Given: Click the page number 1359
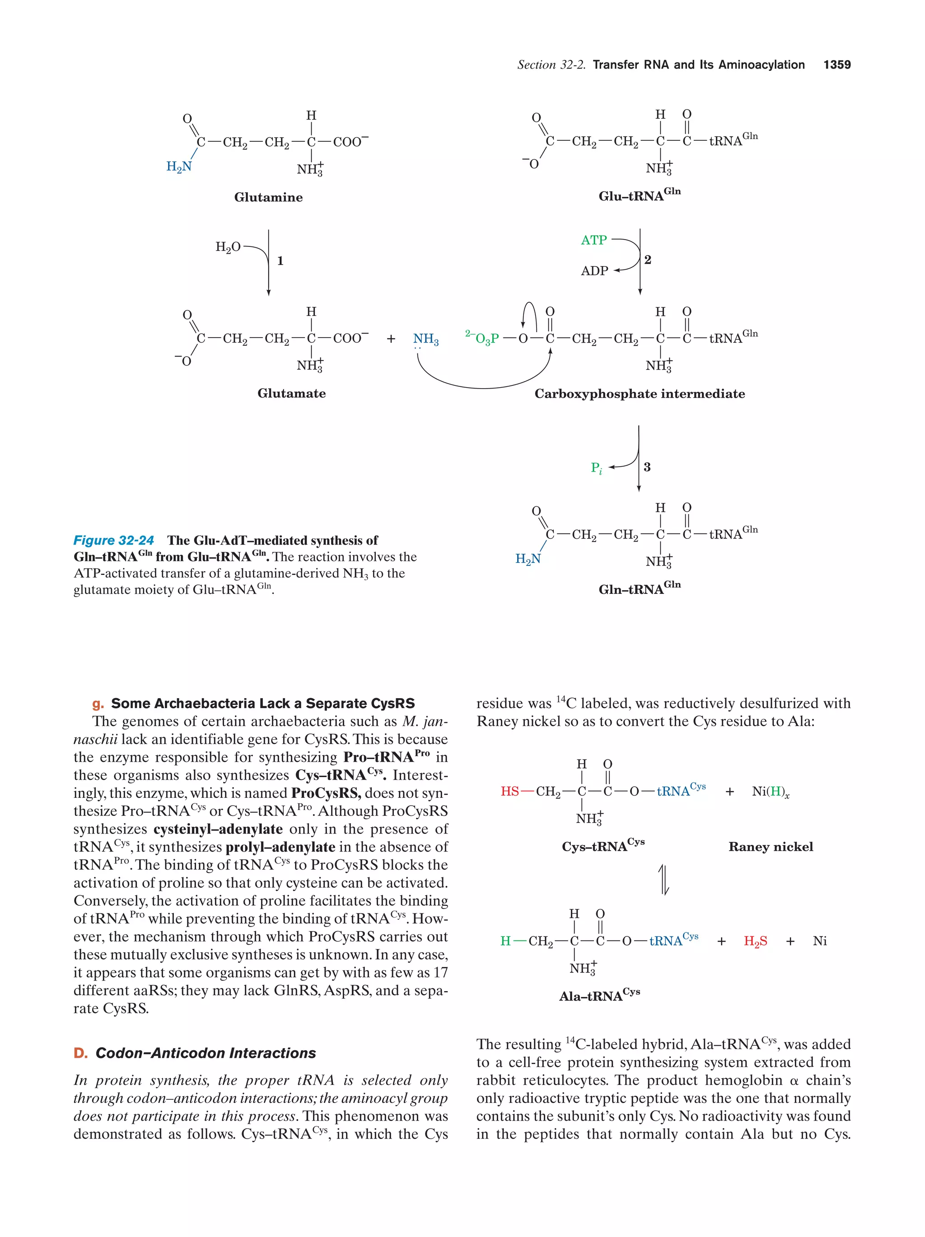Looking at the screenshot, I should click(x=836, y=65).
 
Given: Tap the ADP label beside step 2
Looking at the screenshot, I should click(x=594, y=271).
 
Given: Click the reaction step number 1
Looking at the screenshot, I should click(x=280, y=260).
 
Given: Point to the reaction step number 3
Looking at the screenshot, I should click(x=647, y=467).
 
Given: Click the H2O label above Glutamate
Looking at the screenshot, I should click(x=228, y=247).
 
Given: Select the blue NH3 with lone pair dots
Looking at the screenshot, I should click(x=425, y=339).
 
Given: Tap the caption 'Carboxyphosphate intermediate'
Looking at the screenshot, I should click(x=640, y=394).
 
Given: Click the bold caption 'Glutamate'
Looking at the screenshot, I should click(x=291, y=394).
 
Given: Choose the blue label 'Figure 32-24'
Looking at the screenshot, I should click(x=114, y=540).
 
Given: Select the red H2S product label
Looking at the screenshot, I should click(x=755, y=941).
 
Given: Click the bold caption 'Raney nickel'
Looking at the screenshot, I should click(x=771, y=847).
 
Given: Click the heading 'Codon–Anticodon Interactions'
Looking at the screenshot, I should click(x=206, y=1053).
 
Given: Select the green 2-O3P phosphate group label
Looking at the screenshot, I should click(x=482, y=338).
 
